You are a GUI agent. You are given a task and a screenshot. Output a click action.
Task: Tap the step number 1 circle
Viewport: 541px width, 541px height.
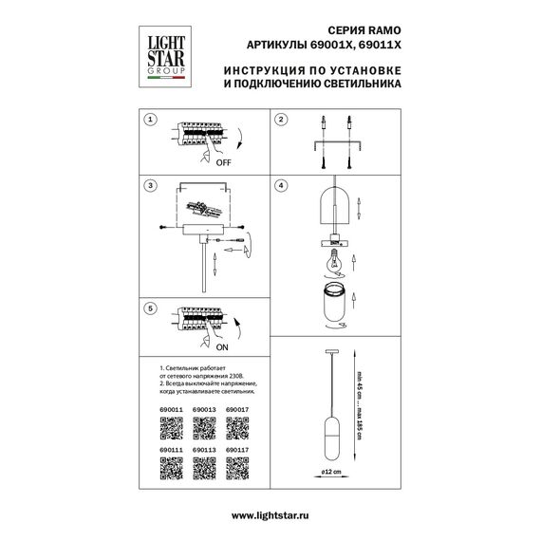(x=148, y=121)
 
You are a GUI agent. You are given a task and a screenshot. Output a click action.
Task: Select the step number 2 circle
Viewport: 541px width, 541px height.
(x=280, y=121)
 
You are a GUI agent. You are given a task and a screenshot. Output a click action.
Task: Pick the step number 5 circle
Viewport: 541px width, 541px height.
(x=148, y=309)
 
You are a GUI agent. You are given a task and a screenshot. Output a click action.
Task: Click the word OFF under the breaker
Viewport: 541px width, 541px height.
(x=223, y=163)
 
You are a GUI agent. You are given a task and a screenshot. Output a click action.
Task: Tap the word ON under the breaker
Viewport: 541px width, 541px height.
(x=223, y=347)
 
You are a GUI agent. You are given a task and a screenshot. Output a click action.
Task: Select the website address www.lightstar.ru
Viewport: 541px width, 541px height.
(x=270, y=514)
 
